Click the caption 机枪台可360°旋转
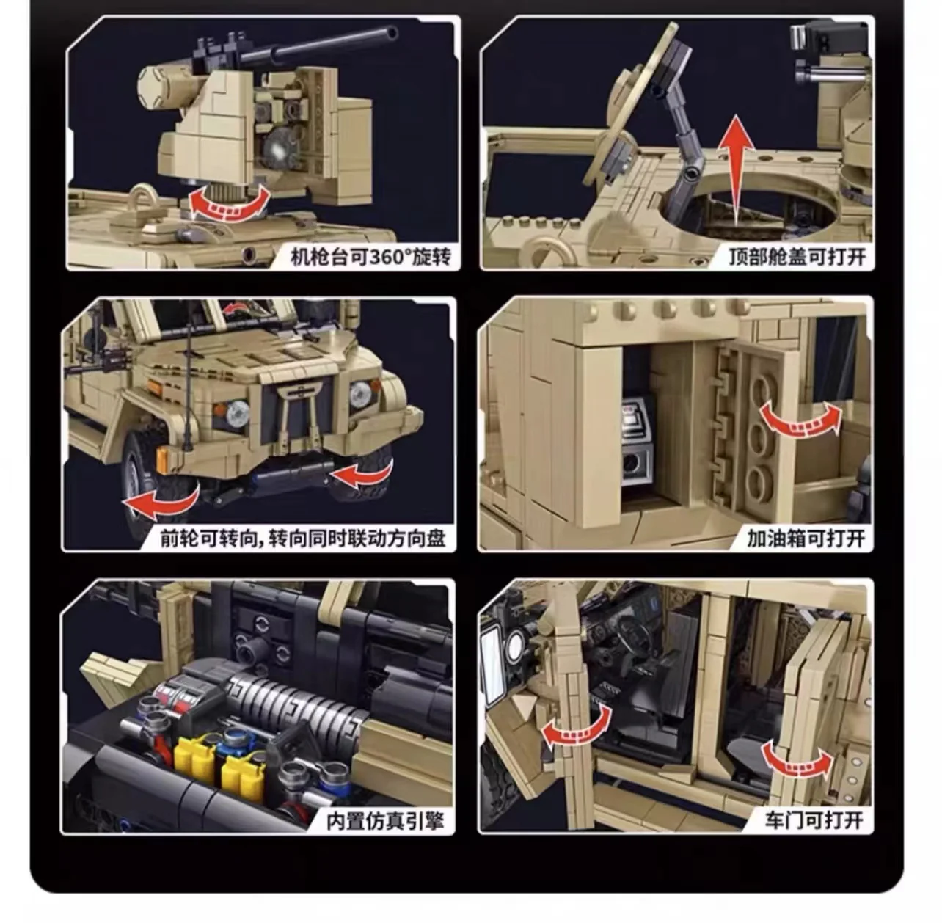[370, 258]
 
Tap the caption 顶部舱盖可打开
[797, 258]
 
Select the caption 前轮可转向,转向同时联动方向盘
[303, 539]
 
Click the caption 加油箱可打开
[806, 539]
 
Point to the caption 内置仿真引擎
[385, 820]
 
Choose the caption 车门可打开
[813, 820]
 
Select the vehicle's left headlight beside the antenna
[236, 413]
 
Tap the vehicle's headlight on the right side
[359, 395]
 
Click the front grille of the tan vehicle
[301, 412]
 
